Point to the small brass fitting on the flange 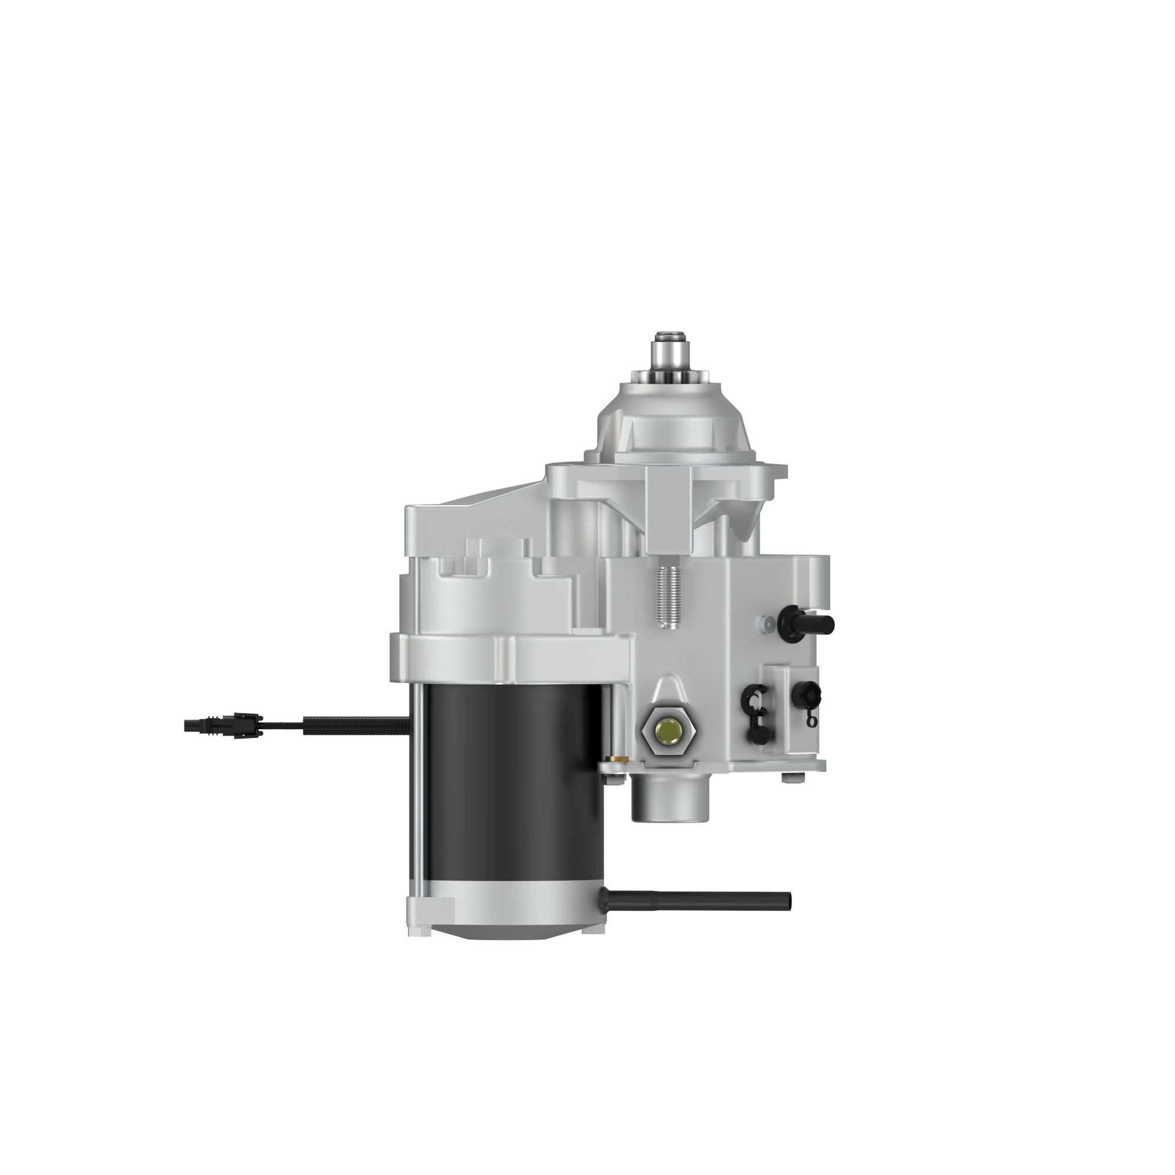618,760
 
